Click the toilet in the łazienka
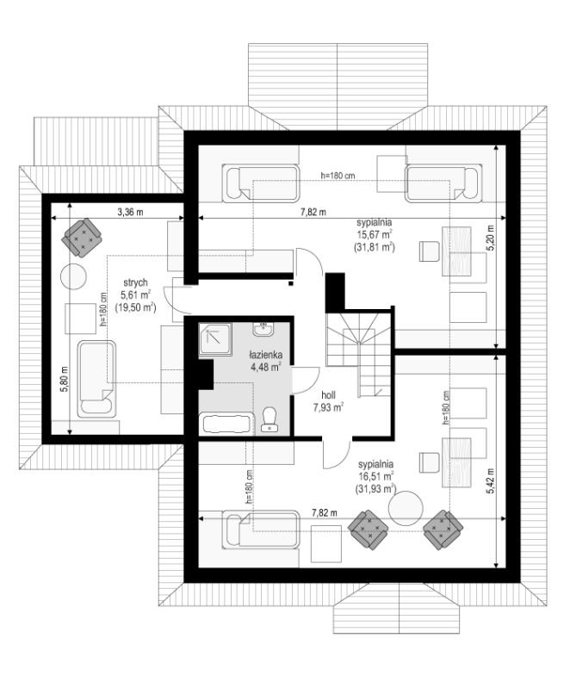(x=269, y=419)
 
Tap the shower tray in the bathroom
(x=215, y=339)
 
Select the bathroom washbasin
(x=263, y=329)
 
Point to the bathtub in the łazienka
(x=226, y=424)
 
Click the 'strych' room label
(x=135, y=282)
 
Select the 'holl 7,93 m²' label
(x=328, y=401)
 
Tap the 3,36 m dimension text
(x=130, y=212)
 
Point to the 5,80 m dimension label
(x=65, y=380)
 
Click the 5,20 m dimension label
(x=490, y=238)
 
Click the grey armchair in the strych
(x=82, y=238)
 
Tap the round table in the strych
(x=73, y=276)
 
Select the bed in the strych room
(x=97, y=379)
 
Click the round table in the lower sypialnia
(x=406, y=508)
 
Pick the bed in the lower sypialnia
(x=261, y=530)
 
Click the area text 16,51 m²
(x=375, y=476)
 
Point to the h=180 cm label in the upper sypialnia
(x=338, y=176)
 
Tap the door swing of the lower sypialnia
(x=337, y=455)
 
